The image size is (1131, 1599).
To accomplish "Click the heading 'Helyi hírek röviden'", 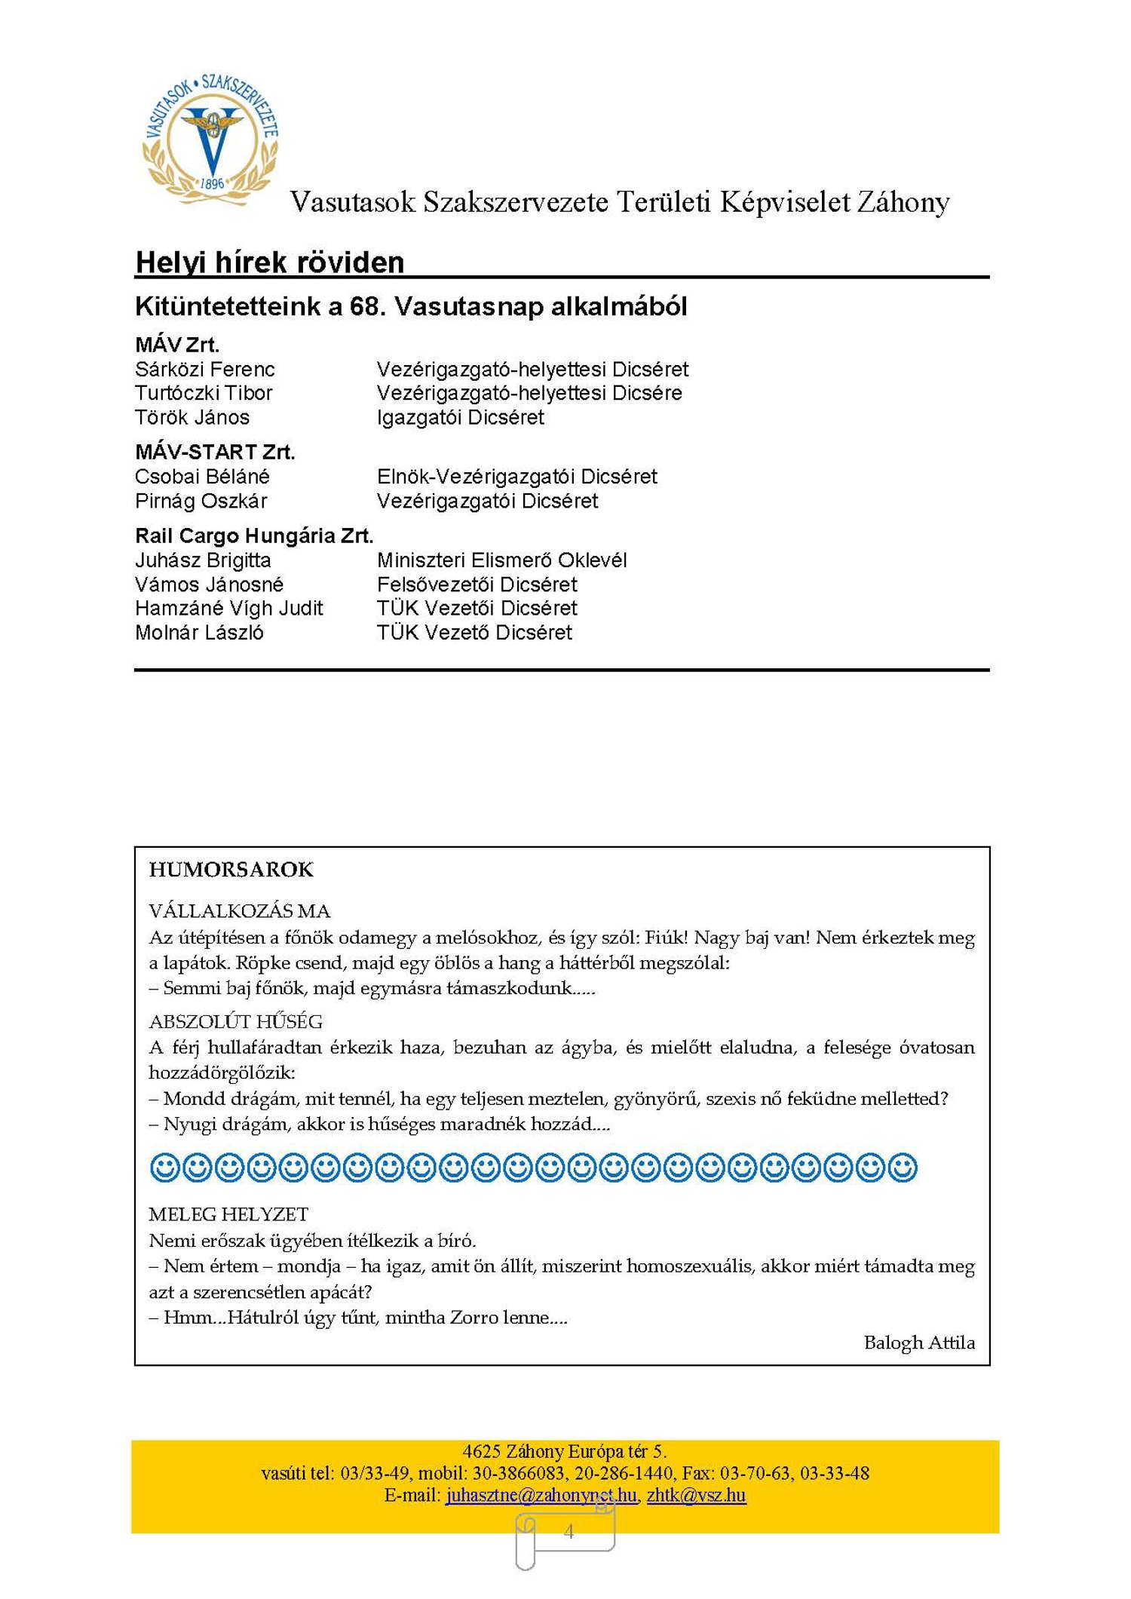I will coord(269,262).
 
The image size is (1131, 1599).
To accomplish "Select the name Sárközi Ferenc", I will coord(204,370).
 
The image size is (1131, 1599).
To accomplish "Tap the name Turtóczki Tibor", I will coord(203,393).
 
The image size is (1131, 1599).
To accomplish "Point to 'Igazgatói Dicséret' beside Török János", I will coord(460,417).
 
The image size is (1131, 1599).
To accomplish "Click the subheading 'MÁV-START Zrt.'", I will coord(215,452).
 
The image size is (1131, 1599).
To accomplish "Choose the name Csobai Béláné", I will coord(202,477).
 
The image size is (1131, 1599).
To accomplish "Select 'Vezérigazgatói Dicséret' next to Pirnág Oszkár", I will coord(487,501).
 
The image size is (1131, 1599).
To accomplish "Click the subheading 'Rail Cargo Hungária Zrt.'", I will coord(254,536).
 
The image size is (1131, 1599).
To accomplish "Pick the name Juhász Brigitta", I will coord(203,560).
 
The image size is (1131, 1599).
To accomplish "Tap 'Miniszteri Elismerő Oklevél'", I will coord(501,560).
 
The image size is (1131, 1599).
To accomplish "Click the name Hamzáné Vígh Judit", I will coord(228,608).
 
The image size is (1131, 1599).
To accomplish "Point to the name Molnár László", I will coord(199,632).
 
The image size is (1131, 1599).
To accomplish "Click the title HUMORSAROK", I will coord(231,870).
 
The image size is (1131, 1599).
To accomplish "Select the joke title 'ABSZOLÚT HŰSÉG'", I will coord(235,1022).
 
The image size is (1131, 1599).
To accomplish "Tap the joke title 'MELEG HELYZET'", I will coord(228,1214).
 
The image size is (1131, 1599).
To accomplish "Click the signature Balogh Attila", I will coord(919,1343).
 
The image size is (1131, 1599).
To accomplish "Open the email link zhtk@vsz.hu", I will coord(696,1495).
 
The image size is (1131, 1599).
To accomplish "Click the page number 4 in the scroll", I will coord(569,1531).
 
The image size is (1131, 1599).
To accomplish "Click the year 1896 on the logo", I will coord(213,183).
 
